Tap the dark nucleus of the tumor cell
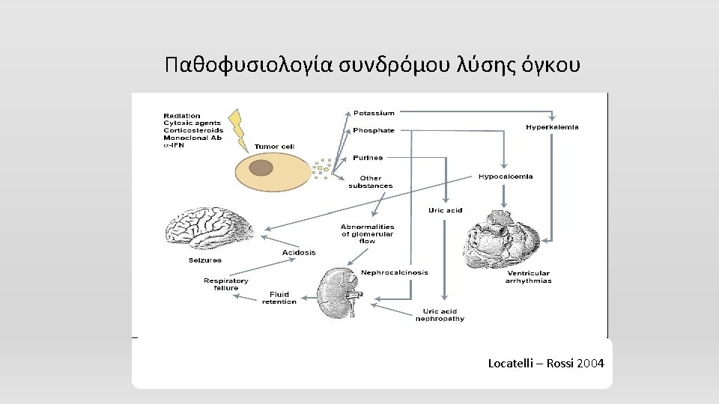point(261,168)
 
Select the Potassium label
point(374,113)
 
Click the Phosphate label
point(374,130)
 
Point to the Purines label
point(368,158)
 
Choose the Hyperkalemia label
point(552,127)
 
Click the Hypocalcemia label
point(506,177)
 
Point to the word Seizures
point(205,260)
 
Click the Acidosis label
point(299,253)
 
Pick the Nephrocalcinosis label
point(395,272)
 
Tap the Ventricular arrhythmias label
point(528,277)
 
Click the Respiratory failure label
point(221,284)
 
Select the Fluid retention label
point(279,298)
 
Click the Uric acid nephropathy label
point(440,315)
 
